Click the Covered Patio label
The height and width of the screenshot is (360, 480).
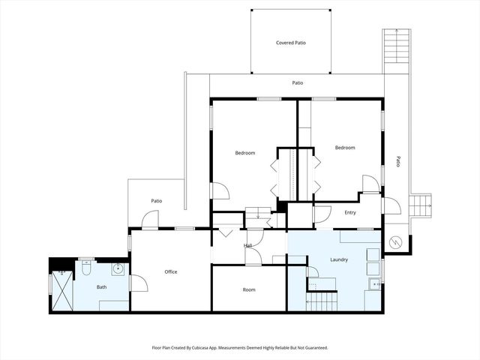coord(290,43)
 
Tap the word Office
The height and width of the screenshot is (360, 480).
coord(170,271)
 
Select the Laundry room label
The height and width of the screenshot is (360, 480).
coord(338,259)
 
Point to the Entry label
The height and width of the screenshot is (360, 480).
coord(349,213)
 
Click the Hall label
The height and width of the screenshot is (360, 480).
coord(247,245)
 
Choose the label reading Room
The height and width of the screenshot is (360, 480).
coord(249,289)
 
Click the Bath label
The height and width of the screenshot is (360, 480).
coord(101,287)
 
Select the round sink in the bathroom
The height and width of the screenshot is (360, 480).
coord(117,269)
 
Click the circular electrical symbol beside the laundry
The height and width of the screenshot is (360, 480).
coord(394,243)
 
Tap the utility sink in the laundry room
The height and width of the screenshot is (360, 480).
coord(373,284)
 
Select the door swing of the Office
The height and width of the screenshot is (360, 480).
coord(138,283)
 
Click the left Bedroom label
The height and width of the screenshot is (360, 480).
coord(245,153)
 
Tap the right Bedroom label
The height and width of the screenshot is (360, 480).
coord(345,148)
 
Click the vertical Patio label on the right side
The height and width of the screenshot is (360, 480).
coord(397,161)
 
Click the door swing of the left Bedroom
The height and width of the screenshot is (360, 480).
coord(220,191)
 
